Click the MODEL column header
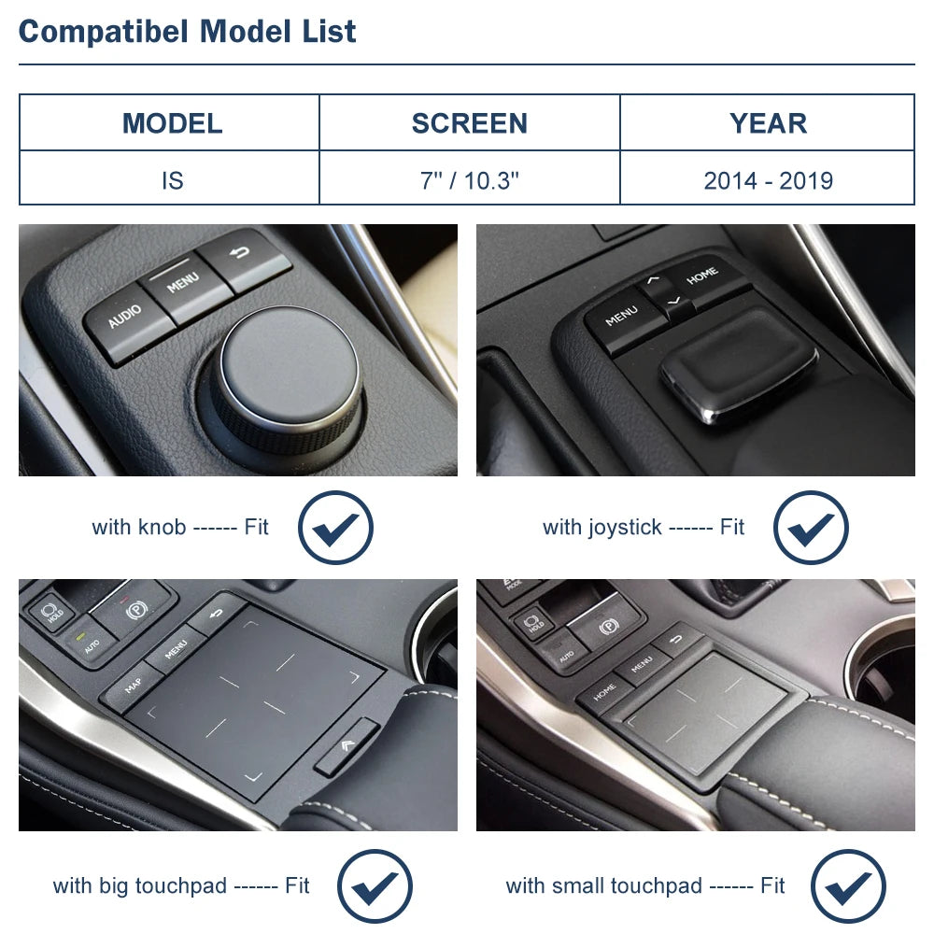point(172,123)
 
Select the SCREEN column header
point(470,123)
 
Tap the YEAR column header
point(768,123)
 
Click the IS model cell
point(172,180)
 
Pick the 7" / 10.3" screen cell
point(470,180)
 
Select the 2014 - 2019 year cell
point(768,180)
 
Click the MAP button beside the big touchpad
point(134,685)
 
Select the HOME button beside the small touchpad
point(604,691)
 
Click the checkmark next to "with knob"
point(335,528)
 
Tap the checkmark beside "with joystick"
point(811,528)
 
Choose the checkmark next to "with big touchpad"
point(375,886)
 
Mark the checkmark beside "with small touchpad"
point(848,886)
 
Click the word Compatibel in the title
point(104,31)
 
